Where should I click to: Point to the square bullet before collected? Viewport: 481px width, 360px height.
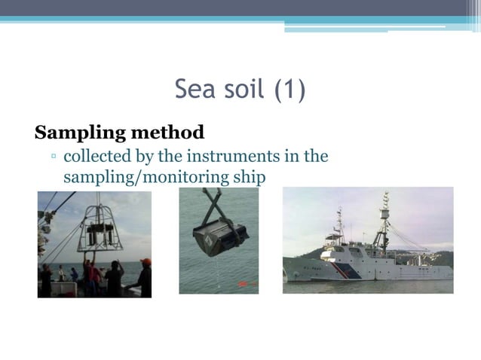pyautogui.click(x=54, y=158)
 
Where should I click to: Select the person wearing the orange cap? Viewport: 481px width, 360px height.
pyautogui.click(x=144, y=277)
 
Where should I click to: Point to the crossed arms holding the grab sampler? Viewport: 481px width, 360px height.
pyautogui.click(x=213, y=203)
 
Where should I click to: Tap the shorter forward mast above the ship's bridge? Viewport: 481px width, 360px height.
pyautogui.click(x=340, y=222)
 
